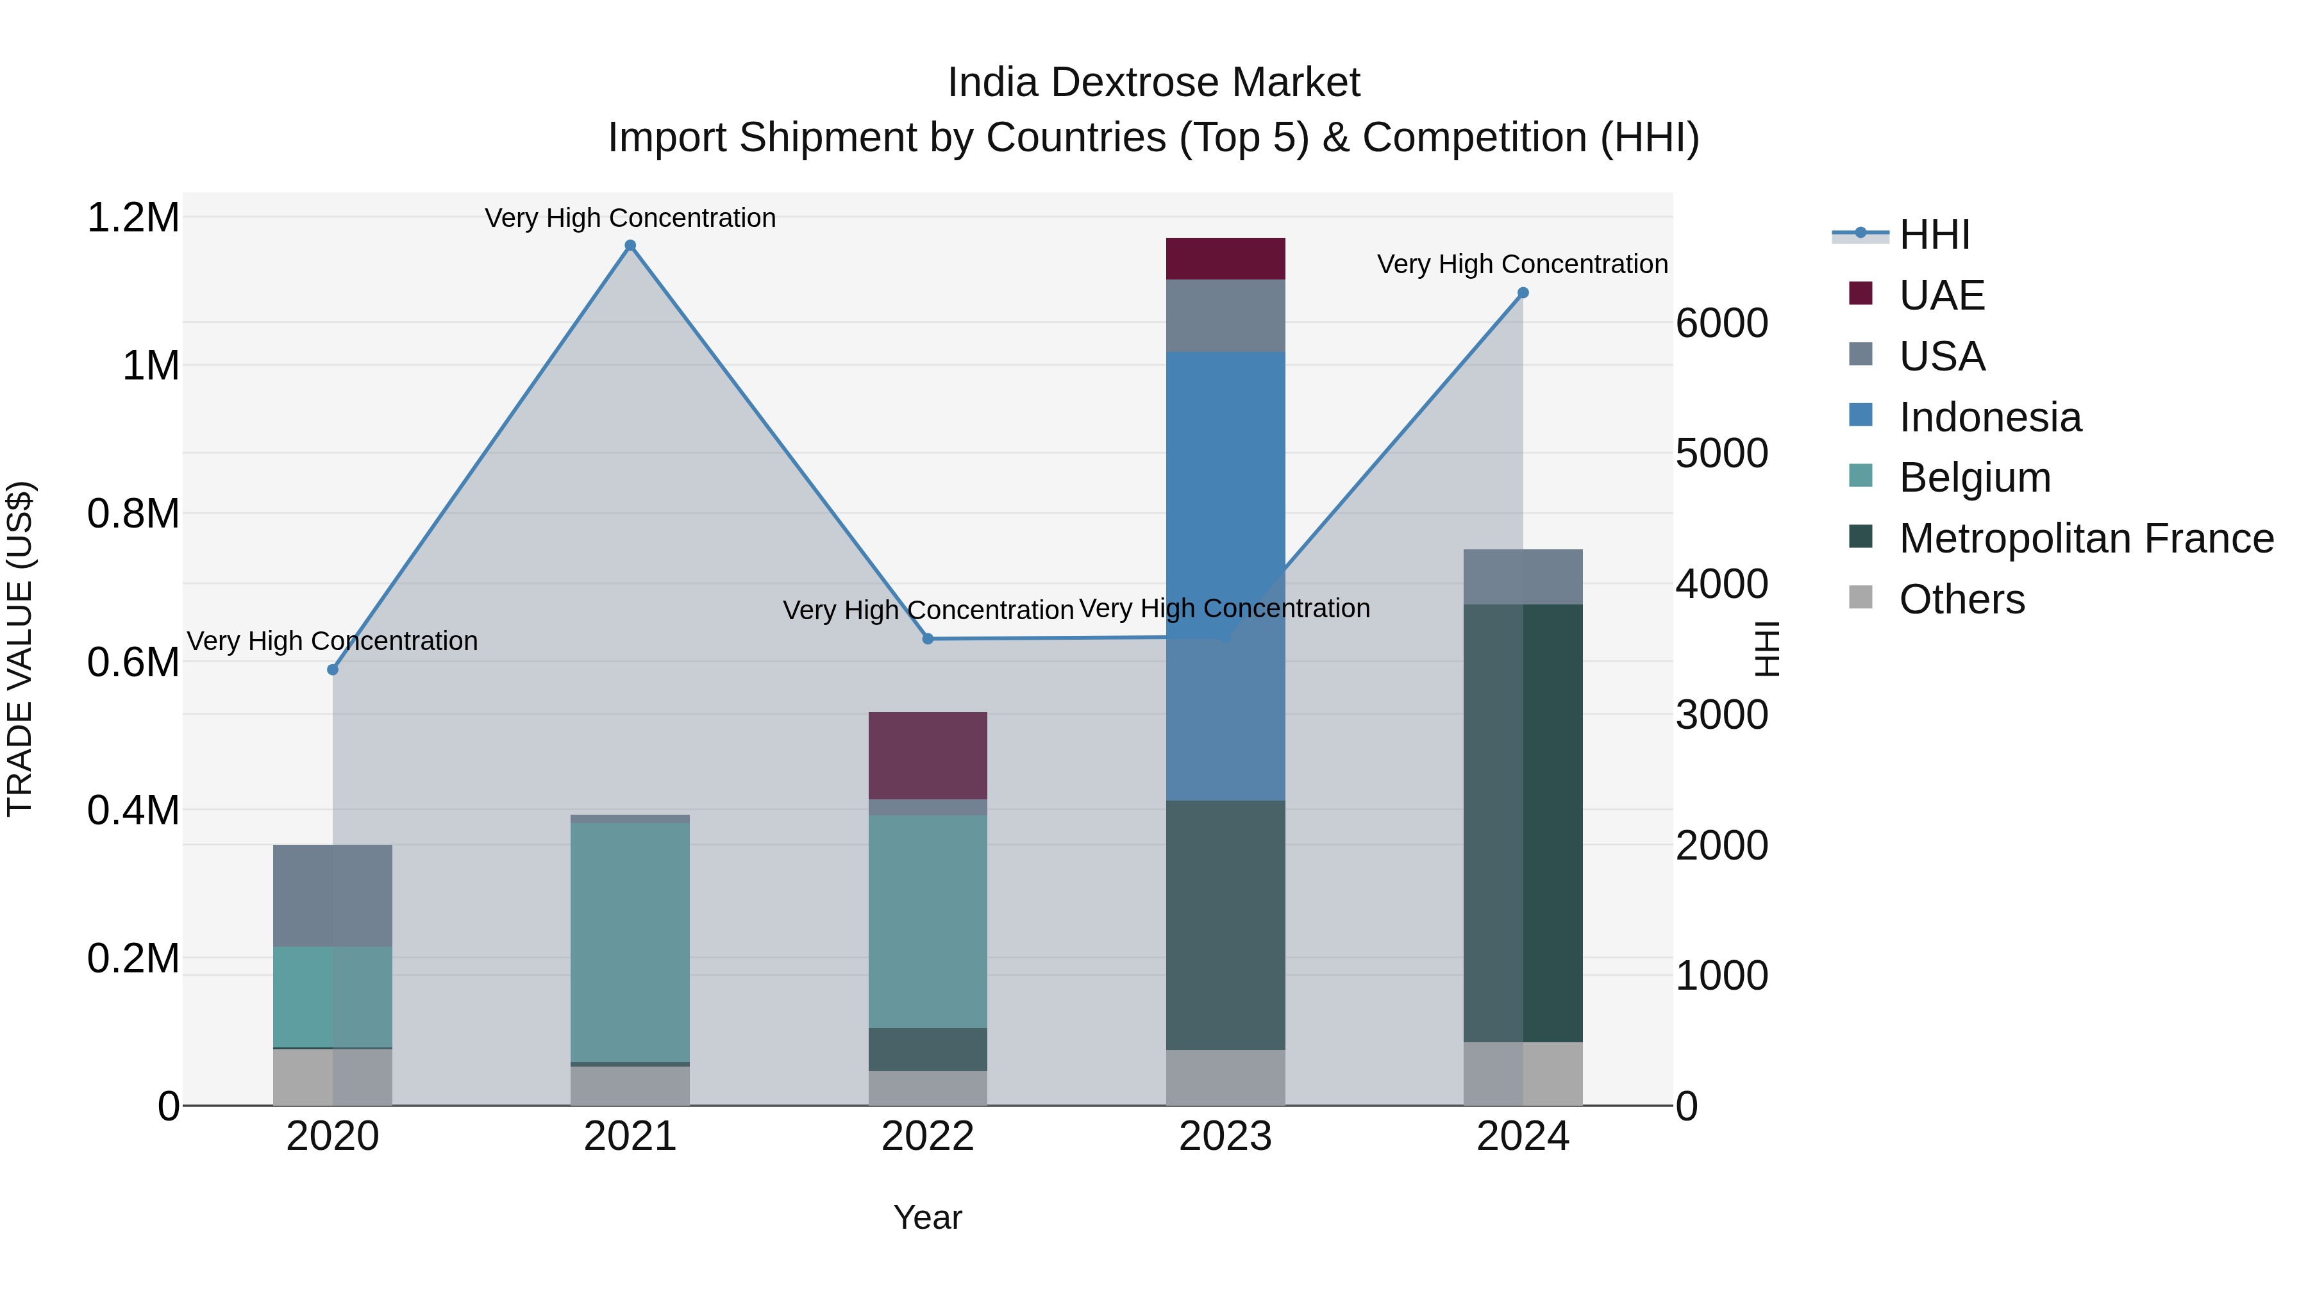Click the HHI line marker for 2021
coord(630,245)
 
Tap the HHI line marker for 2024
coord(1522,293)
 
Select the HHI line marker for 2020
coord(332,669)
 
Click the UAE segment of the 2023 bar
coord(1225,259)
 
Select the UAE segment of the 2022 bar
coord(927,755)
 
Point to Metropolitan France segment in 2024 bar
coord(1522,822)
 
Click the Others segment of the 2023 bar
coord(1225,1077)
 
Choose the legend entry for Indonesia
coord(1989,417)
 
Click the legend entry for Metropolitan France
coord(2086,538)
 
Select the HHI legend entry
coord(1934,235)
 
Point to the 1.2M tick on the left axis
coord(133,218)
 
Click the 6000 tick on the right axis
coord(1721,324)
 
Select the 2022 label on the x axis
coord(927,1136)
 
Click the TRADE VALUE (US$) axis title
coord(21,649)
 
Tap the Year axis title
coord(927,1217)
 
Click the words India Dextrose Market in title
coord(1153,83)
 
